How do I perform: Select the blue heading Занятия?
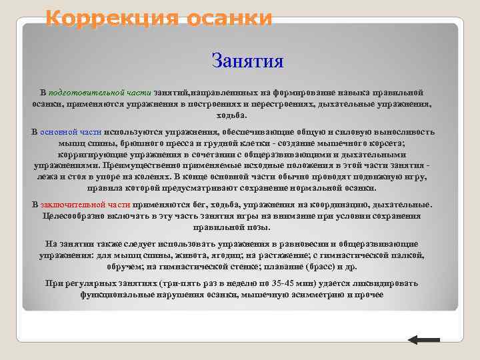[x=247, y=61]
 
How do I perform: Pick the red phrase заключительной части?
[x=85, y=205]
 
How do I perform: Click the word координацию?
[x=334, y=205]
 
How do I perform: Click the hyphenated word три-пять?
[x=178, y=283]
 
